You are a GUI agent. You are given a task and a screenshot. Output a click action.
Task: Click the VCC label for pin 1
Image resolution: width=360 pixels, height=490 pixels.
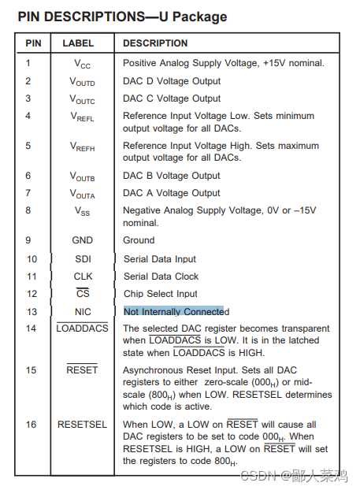click(83, 64)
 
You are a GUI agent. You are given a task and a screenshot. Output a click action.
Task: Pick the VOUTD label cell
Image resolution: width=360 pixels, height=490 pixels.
click(83, 82)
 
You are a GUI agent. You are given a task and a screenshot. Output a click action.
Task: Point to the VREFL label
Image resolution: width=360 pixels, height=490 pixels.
click(83, 117)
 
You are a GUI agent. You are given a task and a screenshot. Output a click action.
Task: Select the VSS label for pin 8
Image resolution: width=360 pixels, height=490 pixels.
click(83, 211)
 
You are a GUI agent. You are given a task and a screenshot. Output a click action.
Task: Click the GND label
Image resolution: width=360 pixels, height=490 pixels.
click(83, 240)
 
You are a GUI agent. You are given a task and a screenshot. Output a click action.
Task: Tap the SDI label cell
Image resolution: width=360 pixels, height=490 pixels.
click(83, 259)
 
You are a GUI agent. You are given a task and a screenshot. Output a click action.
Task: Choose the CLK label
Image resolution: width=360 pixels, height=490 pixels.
click(83, 277)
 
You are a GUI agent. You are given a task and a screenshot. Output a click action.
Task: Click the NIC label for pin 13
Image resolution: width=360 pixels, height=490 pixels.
click(83, 312)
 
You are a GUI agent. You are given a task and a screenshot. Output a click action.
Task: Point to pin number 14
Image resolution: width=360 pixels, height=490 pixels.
click(32, 329)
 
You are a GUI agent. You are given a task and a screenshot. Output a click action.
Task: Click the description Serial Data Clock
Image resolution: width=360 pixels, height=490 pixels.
click(161, 277)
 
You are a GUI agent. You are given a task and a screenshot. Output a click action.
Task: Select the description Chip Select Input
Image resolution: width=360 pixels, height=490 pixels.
click(160, 294)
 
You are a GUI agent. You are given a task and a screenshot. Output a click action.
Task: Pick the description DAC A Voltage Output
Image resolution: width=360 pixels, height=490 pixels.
click(172, 193)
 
